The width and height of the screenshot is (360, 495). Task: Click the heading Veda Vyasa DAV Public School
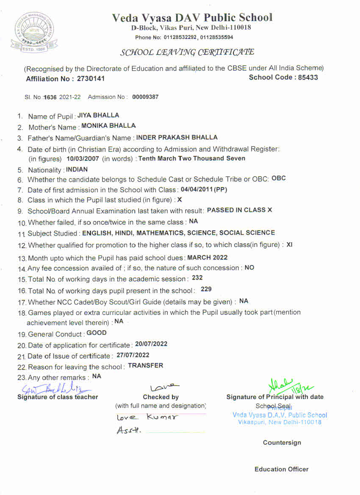pyautogui.click(x=192, y=17)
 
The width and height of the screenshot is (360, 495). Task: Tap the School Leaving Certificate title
pyautogui.click(x=187, y=53)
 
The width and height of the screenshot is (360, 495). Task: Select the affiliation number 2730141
pyautogui.click(x=91, y=79)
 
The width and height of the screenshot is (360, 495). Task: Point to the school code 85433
pyautogui.click(x=307, y=77)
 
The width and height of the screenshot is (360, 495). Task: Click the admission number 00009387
pyautogui.click(x=145, y=97)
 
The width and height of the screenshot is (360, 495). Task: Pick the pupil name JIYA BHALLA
pyautogui.click(x=98, y=115)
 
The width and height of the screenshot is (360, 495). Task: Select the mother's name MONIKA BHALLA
pyautogui.click(x=108, y=126)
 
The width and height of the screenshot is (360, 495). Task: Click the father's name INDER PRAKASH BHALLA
pyautogui.click(x=177, y=137)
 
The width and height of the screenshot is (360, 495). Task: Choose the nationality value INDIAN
pyautogui.click(x=77, y=169)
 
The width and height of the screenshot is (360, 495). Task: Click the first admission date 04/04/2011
pyautogui.click(x=197, y=189)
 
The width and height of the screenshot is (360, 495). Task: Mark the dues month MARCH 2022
pyautogui.click(x=208, y=257)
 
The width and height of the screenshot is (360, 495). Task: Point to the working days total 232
pyautogui.click(x=197, y=278)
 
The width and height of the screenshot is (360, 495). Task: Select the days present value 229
pyautogui.click(x=206, y=289)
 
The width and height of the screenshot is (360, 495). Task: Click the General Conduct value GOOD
pyautogui.click(x=97, y=333)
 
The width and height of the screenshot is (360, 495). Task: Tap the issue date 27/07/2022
pyautogui.click(x=133, y=355)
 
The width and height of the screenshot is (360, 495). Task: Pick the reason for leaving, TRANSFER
pyautogui.click(x=145, y=365)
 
